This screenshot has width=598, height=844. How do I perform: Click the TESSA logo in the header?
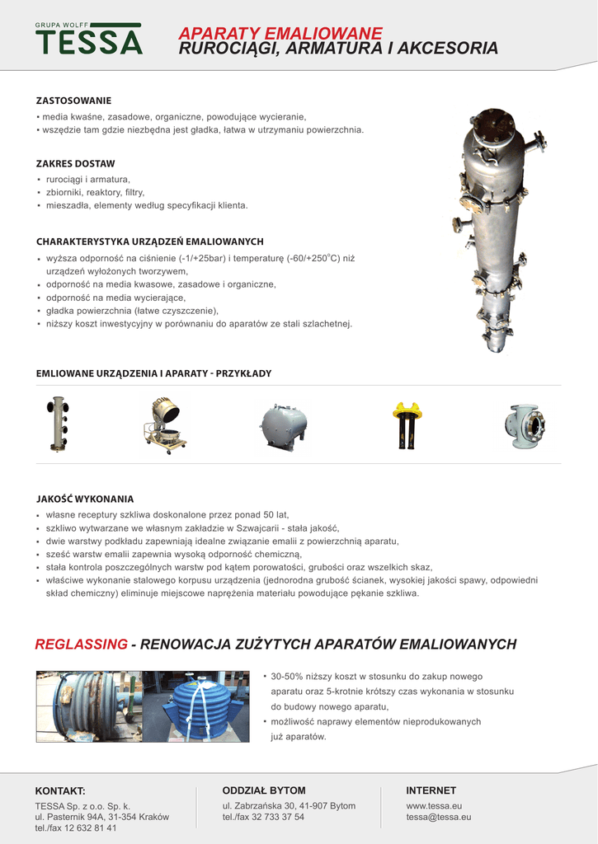(x=88, y=40)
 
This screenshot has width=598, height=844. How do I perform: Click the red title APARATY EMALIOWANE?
(x=280, y=34)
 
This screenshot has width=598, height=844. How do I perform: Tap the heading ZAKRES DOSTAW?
(x=75, y=164)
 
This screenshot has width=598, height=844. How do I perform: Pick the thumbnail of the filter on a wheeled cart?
(x=166, y=425)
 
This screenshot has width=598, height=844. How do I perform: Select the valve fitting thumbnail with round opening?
(x=525, y=426)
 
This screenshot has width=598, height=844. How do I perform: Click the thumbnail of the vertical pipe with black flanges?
(x=58, y=424)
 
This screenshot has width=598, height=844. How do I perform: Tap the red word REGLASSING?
(x=81, y=644)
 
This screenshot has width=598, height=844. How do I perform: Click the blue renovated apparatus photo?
(x=195, y=706)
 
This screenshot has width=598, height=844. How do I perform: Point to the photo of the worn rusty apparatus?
(x=88, y=706)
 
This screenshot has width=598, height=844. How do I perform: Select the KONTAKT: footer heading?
(x=60, y=791)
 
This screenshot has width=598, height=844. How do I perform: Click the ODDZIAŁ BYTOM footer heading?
(x=264, y=790)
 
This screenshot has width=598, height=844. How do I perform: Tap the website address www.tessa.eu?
(x=434, y=805)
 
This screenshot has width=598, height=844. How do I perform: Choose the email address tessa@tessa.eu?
(x=439, y=817)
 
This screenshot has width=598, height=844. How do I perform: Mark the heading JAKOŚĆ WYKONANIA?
(x=85, y=499)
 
